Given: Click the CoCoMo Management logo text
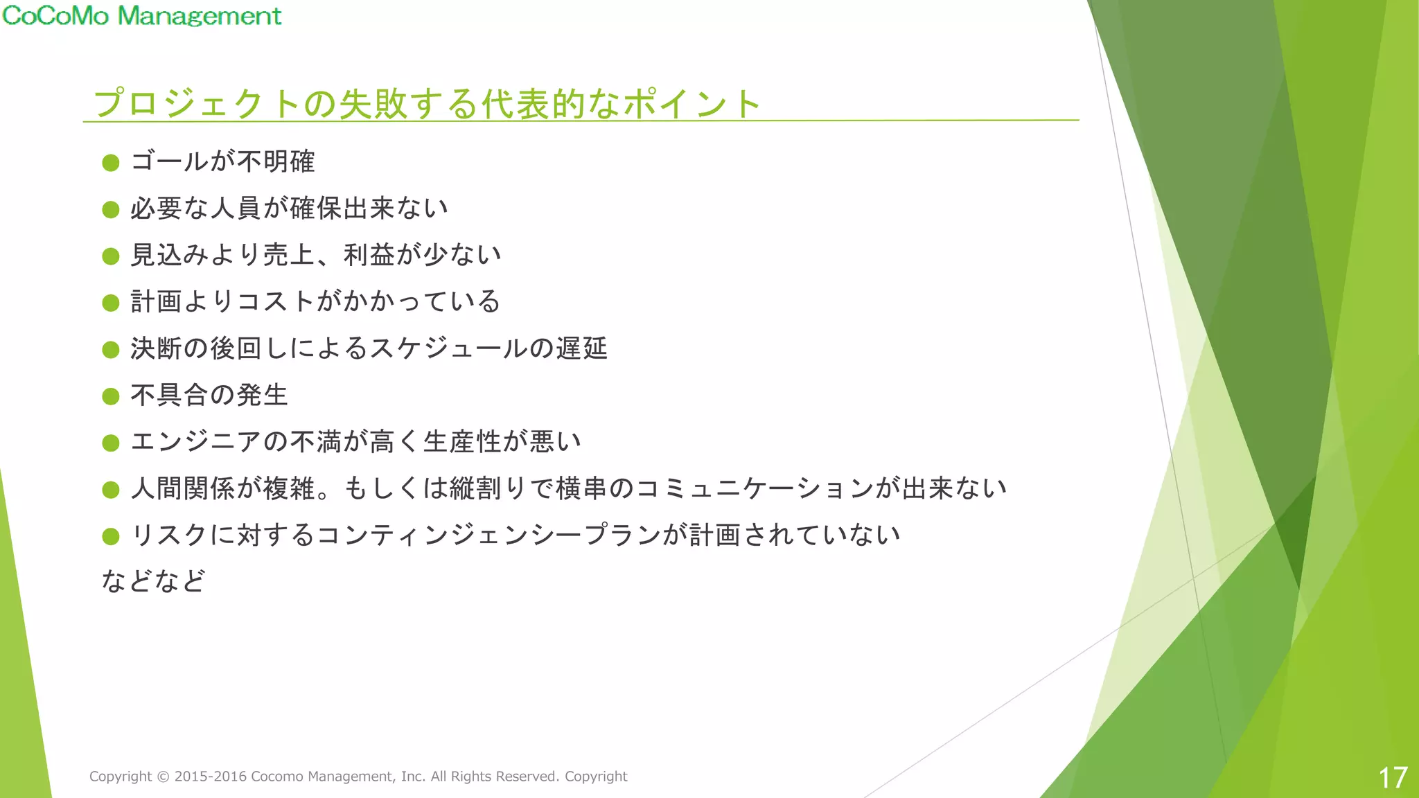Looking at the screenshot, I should coord(142,15).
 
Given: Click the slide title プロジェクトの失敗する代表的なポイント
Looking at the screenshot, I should coord(427,104).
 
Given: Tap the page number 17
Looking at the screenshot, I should coord(1393,777).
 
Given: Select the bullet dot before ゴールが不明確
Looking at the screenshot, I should coord(111,163).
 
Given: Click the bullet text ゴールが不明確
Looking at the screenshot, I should coord(222,162).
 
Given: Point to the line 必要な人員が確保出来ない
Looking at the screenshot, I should coord(289,209).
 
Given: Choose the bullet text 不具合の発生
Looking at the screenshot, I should coord(209,395).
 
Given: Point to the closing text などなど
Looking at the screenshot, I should coord(153,581).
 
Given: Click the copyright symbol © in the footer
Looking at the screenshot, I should coord(163,777).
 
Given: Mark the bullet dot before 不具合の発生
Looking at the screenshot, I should coord(111,396).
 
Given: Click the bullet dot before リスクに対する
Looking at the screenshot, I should coord(111,536).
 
